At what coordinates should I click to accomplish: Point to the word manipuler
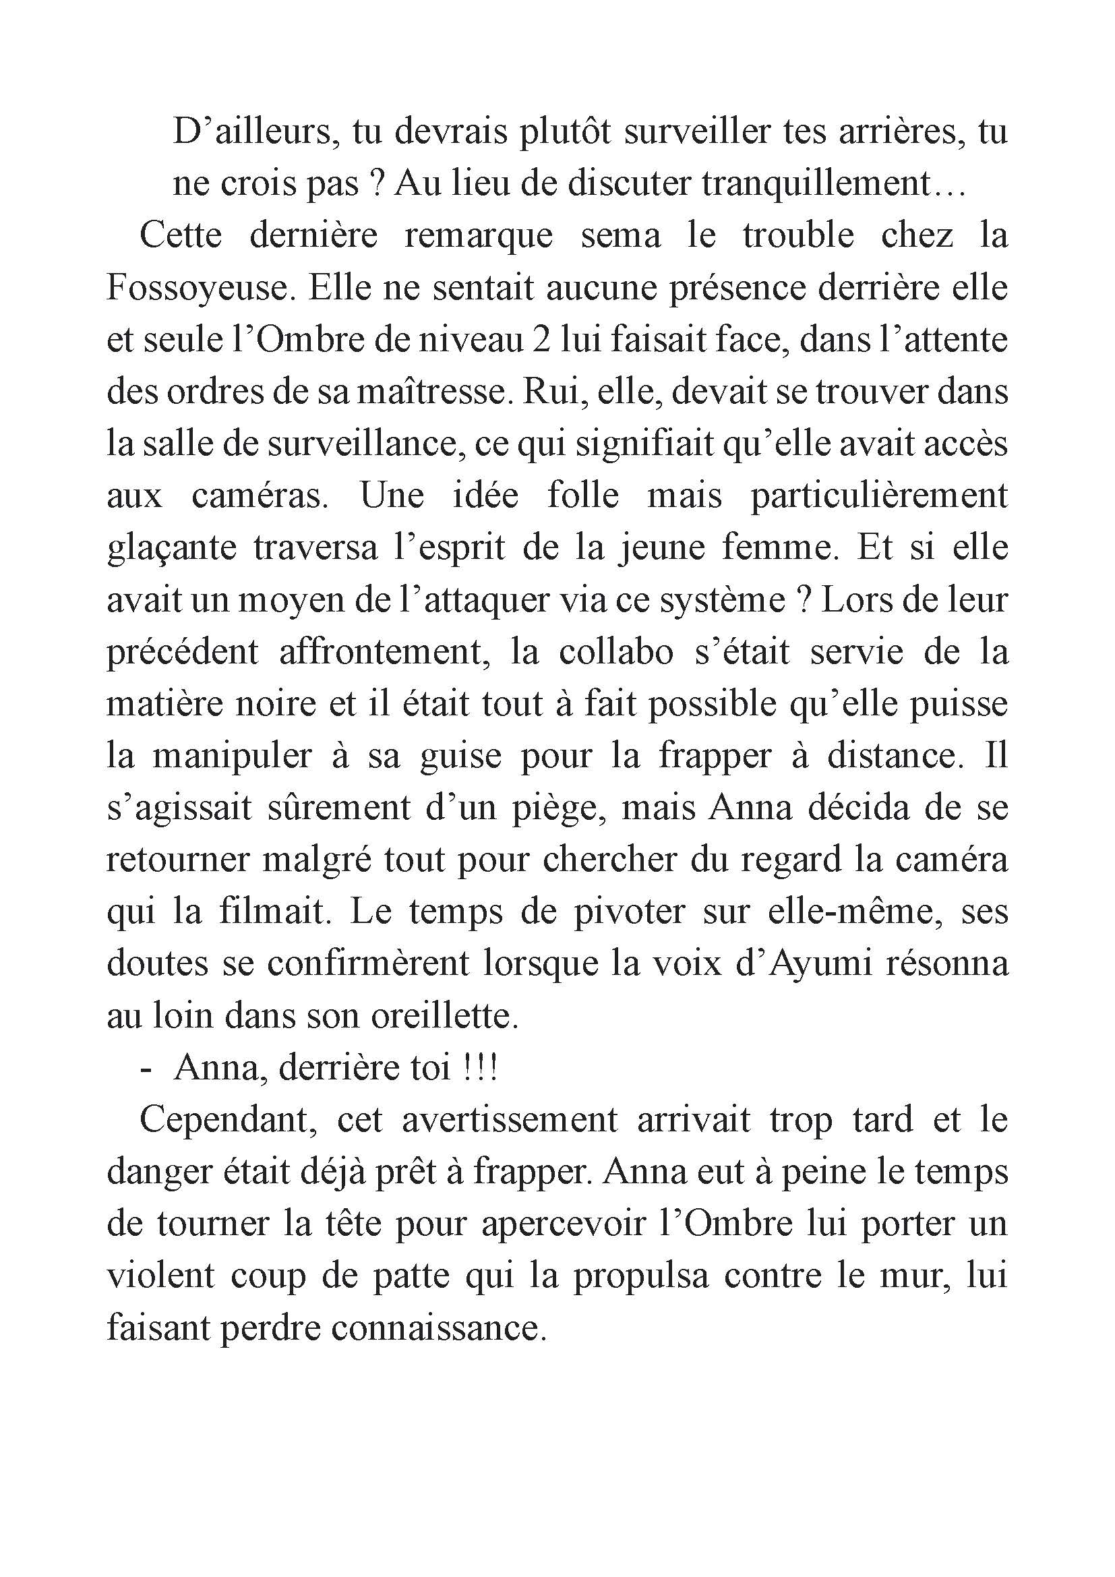(x=232, y=756)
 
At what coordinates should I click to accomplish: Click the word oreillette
(x=445, y=1017)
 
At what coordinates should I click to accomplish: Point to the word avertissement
(x=510, y=1121)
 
